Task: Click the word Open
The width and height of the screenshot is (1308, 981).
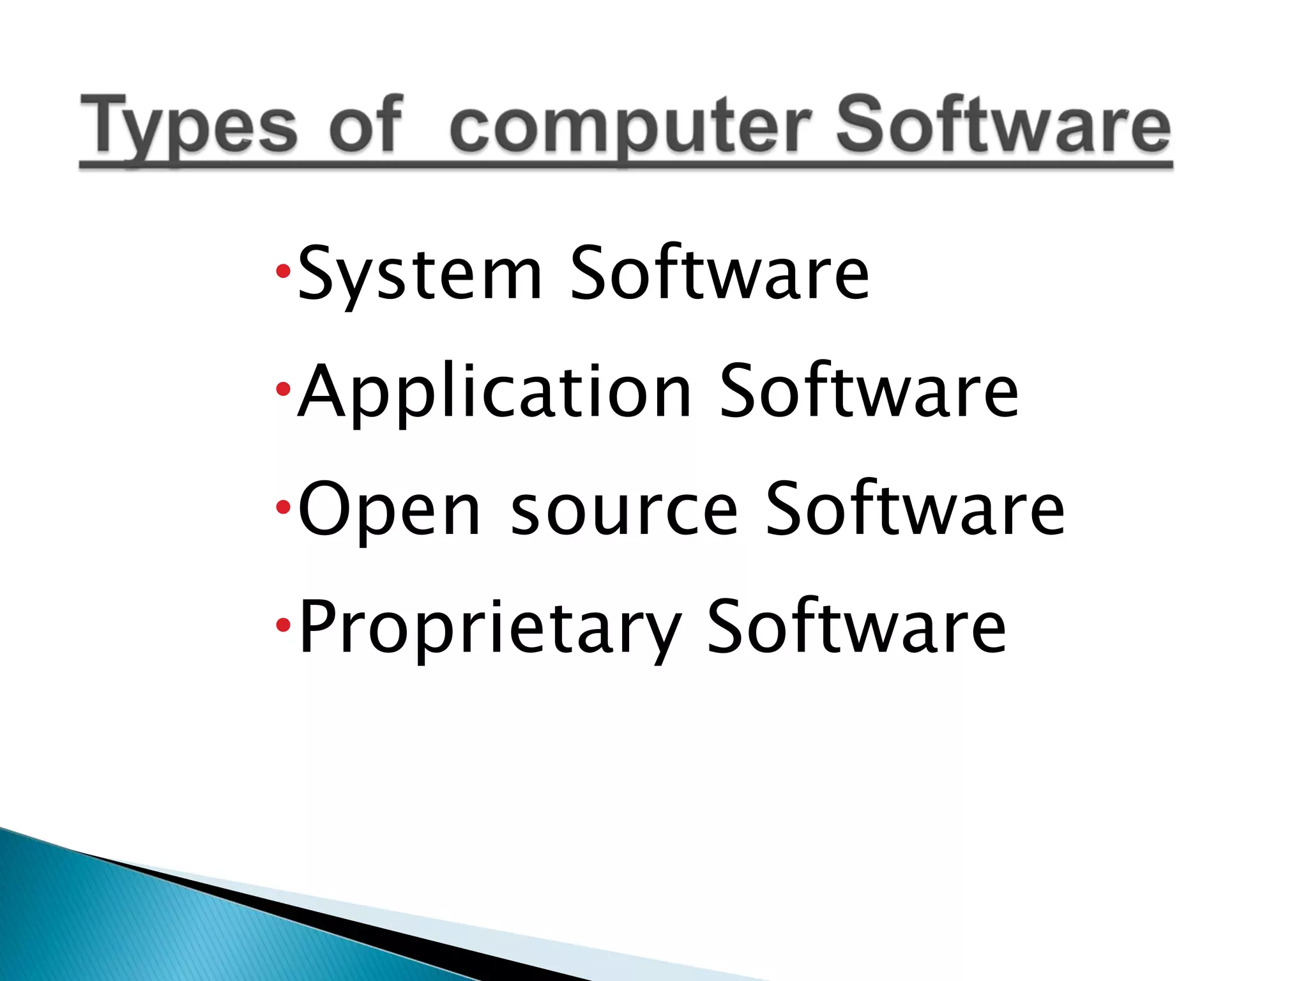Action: (389, 511)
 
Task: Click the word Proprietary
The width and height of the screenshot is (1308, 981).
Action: (490, 628)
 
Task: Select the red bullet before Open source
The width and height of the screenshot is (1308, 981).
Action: (283, 508)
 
